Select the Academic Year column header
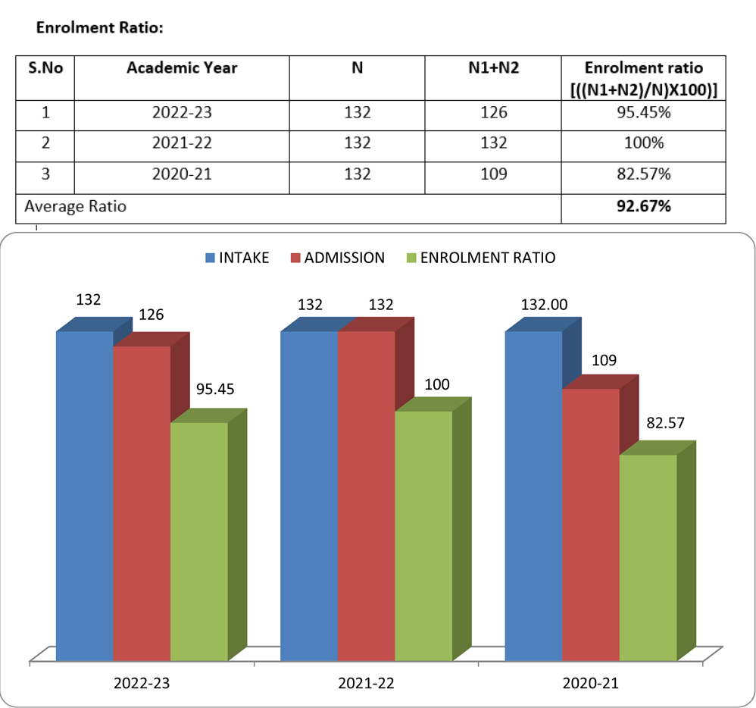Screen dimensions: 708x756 [x=182, y=68]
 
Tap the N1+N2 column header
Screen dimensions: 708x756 [x=493, y=68]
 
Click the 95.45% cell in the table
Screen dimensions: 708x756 [x=643, y=113]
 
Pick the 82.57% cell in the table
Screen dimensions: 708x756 [x=643, y=174]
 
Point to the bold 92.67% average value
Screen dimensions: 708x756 [x=643, y=206]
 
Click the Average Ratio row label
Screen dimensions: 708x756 [x=76, y=206]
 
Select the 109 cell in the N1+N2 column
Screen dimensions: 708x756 [x=493, y=174]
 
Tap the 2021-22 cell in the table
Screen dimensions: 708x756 [x=182, y=143]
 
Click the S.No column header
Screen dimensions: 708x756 [x=45, y=68]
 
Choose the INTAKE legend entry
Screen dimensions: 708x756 [x=236, y=258]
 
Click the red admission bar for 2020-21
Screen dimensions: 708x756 [x=591, y=523]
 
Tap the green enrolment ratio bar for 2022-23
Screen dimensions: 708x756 [x=199, y=538]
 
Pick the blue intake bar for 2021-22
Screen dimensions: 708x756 [x=309, y=493]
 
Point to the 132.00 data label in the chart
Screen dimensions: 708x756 [x=544, y=305]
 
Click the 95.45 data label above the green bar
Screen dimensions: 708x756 [x=215, y=390]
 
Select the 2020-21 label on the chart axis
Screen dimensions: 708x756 [x=591, y=683]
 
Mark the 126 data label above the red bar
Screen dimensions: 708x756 [x=151, y=314]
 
